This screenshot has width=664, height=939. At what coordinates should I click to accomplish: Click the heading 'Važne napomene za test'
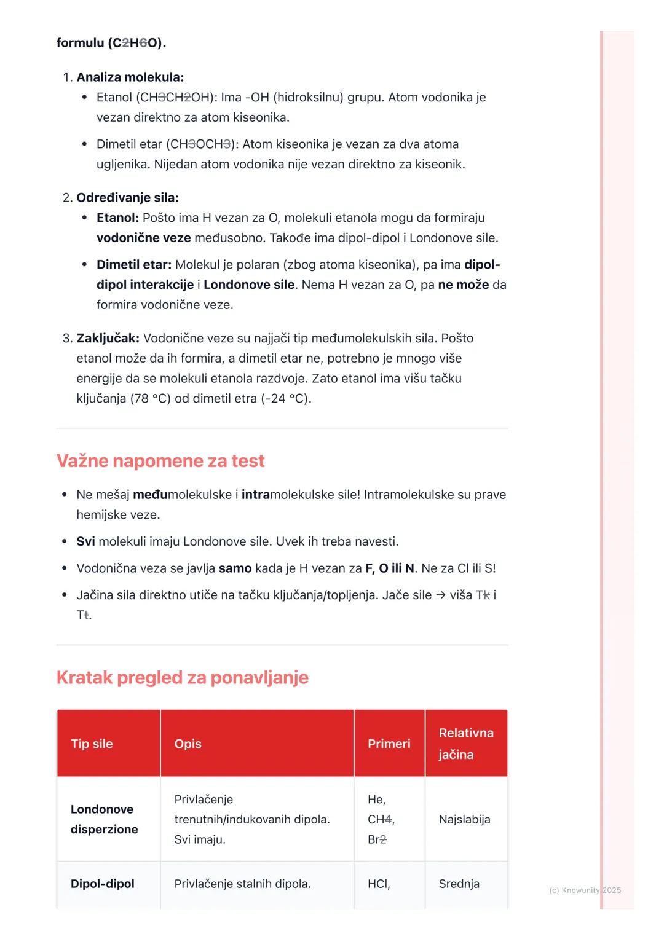coord(160,461)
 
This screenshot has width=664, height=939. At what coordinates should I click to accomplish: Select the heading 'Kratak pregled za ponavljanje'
coord(182,677)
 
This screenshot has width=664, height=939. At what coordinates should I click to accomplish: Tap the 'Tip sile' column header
coord(92,744)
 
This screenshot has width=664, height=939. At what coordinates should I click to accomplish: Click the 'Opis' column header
coord(188,744)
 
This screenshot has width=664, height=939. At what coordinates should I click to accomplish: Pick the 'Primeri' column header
coord(389,744)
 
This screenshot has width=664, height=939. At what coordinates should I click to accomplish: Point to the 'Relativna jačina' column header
coord(465,744)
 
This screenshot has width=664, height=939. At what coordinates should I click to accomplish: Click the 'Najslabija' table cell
coord(464,819)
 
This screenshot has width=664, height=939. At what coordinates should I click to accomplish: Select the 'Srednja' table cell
coord(459,884)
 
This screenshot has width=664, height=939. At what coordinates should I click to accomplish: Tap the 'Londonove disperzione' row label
coord(104,819)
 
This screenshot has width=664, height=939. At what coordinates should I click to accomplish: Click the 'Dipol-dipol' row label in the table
coord(102,884)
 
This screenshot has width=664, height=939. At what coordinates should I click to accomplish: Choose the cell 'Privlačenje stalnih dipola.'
coord(242,884)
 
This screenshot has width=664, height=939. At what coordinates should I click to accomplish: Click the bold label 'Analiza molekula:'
coord(130,77)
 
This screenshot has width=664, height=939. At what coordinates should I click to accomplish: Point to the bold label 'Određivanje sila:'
coord(127,198)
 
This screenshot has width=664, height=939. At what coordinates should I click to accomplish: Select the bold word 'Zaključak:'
coord(108,339)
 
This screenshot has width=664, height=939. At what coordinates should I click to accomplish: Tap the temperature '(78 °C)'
coord(150,399)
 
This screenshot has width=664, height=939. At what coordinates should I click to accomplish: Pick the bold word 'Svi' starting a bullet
coord(85,541)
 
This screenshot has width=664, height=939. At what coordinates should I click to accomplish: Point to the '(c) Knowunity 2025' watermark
coord(585,890)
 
